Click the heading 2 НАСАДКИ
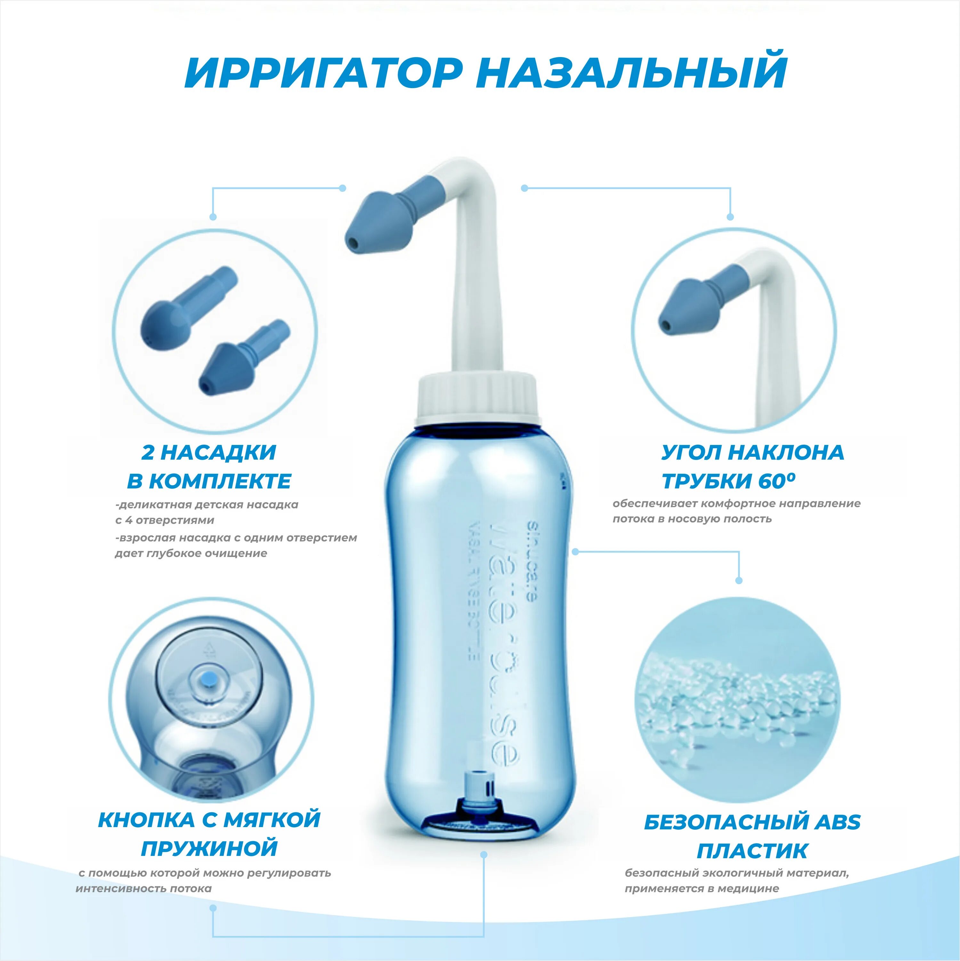[x=209, y=452]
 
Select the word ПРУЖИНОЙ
[x=209, y=848]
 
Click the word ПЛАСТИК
[x=751, y=850]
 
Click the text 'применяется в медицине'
[x=701, y=888]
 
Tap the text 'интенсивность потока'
[x=144, y=888]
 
